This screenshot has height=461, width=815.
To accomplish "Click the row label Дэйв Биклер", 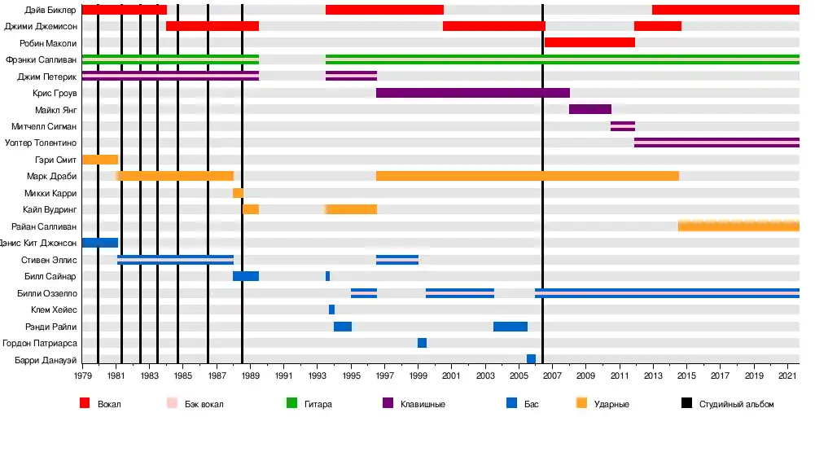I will pos(50,10).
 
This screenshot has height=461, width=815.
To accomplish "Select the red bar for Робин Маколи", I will pos(589,42).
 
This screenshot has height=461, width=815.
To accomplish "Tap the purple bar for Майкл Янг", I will pos(590,109).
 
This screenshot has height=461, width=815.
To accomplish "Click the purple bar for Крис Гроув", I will pos(472,93).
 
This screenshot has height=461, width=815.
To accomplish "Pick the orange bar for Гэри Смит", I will pos(100,160).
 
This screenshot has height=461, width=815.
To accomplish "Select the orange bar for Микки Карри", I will pos(238,193).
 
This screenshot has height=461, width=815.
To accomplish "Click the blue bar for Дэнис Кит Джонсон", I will pos(100,243).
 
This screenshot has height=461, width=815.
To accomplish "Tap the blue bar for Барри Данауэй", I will pos(531,359).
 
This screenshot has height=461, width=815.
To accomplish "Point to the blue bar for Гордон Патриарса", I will pos(422,343).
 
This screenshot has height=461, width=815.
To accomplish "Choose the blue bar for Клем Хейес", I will pos(331,310).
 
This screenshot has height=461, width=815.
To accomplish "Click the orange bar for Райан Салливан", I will pos(738,226).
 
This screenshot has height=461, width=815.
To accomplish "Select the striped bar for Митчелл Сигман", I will pos(623,126).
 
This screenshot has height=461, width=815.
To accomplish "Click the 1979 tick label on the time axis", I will pos(82,376).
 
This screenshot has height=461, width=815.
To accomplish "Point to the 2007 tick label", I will pos(552,376).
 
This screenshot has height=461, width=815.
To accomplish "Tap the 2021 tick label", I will pos(787,376).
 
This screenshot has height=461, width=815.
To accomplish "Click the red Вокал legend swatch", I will pos(85,403).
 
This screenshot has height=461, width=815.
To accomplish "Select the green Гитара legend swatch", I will pos(291,403).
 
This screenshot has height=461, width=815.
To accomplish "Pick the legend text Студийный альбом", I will pos(736,404).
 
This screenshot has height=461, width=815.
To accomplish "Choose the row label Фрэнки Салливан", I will pos(42,59).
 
